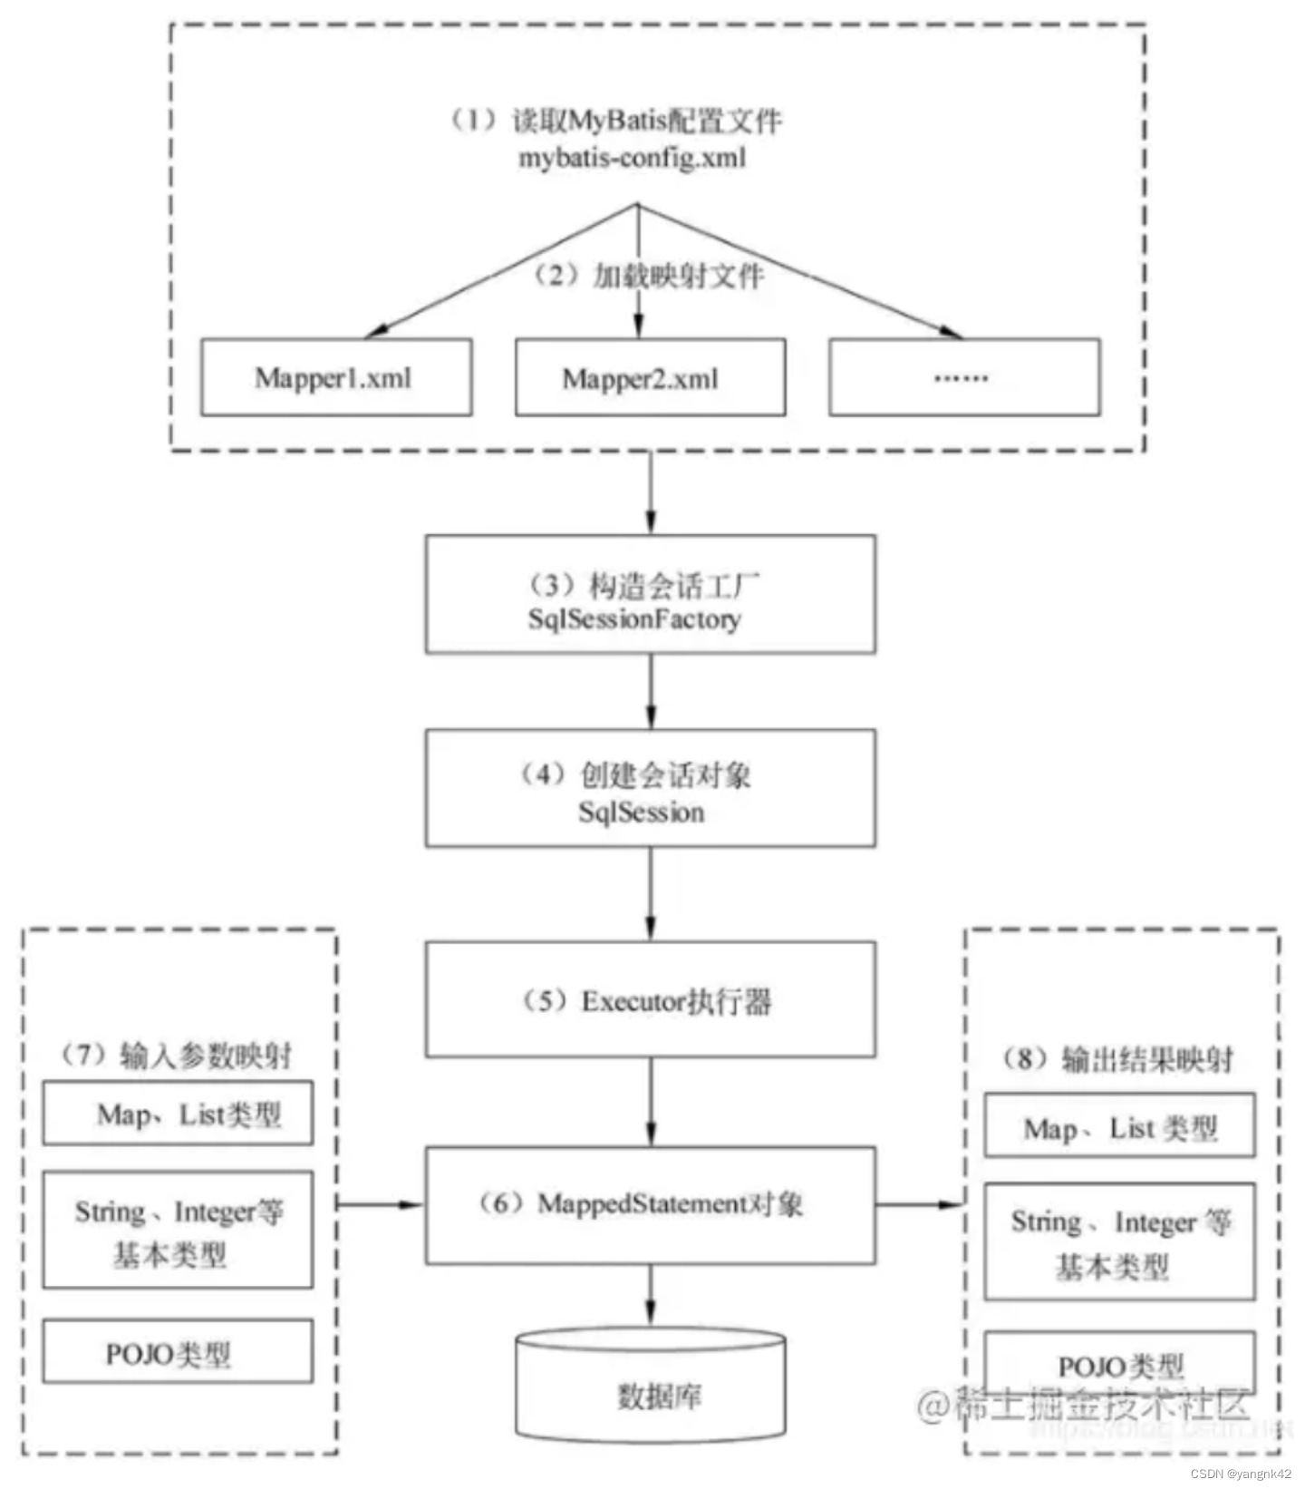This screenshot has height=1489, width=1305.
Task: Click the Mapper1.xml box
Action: pyautogui.click(x=335, y=377)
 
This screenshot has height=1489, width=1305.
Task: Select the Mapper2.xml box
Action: pyautogui.click(x=650, y=377)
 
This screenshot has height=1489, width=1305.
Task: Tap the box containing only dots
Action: pyautogui.click(x=963, y=377)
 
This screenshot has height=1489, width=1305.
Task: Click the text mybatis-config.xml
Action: pyautogui.click(x=632, y=159)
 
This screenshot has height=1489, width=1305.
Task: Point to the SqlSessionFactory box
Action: pyautogui.click(x=650, y=594)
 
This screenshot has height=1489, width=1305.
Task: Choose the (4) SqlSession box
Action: pyautogui.click(x=650, y=788)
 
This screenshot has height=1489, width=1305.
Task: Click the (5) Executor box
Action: pyautogui.click(x=650, y=999)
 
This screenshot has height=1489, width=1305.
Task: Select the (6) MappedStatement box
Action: pyautogui.click(x=650, y=1204)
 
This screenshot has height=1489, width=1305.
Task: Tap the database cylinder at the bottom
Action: pyautogui.click(x=650, y=1387)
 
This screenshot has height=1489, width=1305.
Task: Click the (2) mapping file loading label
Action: pyautogui.click(x=650, y=275)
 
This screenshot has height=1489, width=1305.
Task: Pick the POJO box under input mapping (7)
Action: pyautogui.click(x=178, y=1351)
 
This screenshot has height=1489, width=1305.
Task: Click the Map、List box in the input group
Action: pyautogui.click(x=178, y=1113)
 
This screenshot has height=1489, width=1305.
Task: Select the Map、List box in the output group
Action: pyautogui.click(x=1119, y=1126)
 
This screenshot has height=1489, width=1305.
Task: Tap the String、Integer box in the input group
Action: pyautogui.click(x=178, y=1231)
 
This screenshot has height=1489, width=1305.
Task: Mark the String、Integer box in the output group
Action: pyautogui.click(x=1119, y=1241)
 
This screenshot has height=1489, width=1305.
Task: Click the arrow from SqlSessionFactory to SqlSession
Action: pyautogui.click(x=651, y=691)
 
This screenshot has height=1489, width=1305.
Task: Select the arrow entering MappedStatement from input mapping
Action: pyautogui.click(x=381, y=1204)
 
